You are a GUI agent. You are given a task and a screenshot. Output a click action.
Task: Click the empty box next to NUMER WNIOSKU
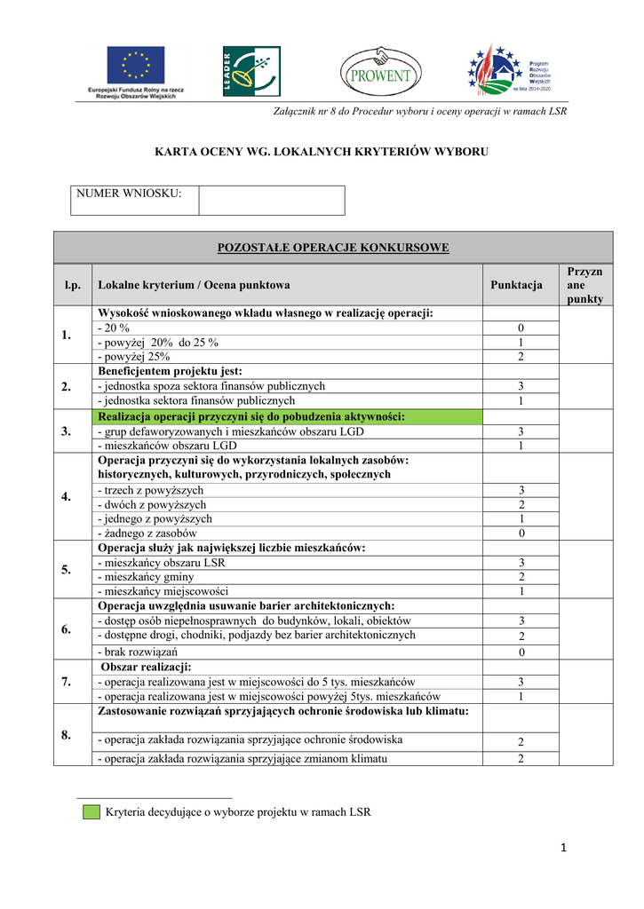(271, 200)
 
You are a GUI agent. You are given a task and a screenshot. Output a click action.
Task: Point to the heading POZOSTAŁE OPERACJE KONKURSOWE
(333, 248)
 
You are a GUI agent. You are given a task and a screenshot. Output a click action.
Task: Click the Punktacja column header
(516, 285)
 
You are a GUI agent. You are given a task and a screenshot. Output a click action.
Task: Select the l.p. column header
(72, 285)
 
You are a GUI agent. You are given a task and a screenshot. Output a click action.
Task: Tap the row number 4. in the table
(67, 496)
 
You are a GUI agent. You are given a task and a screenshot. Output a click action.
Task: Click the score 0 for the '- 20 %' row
(521, 328)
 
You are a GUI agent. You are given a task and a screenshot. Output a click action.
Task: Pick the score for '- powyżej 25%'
(521, 356)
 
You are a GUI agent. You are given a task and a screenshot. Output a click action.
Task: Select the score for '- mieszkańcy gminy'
(521, 577)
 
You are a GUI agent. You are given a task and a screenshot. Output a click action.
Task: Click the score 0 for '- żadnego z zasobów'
(521, 533)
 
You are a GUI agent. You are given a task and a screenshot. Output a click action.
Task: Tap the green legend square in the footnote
(91, 811)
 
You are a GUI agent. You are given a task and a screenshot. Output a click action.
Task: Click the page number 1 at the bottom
(563, 849)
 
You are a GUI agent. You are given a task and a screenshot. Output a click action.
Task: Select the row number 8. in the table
(67, 734)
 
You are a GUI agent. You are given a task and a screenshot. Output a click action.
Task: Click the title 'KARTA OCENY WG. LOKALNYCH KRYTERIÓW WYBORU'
(322, 152)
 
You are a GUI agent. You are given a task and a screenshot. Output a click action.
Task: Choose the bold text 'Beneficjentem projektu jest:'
(170, 371)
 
